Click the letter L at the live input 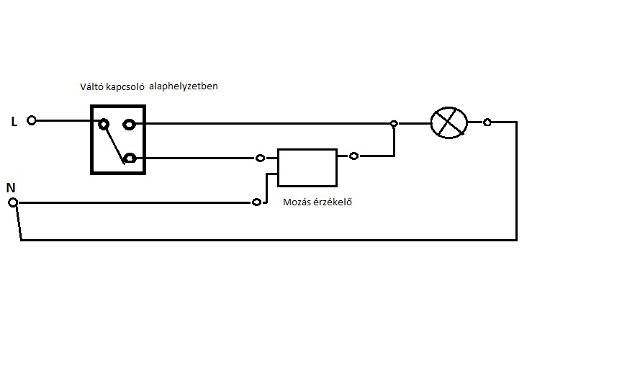point(14,122)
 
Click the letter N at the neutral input point(11,187)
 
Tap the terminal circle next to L point(31,120)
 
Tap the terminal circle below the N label point(12,203)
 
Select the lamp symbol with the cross point(449,122)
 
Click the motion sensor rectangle point(307,168)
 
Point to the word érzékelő point(334,202)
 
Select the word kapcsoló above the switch point(129,87)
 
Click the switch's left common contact point(104,124)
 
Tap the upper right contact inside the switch point(130,124)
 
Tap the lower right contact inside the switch point(130,158)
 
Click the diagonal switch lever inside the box point(115,143)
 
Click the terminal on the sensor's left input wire point(259,158)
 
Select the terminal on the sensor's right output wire point(353,156)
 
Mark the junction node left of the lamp point(394,124)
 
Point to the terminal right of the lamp point(487,122)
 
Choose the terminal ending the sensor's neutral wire point(256,202)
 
